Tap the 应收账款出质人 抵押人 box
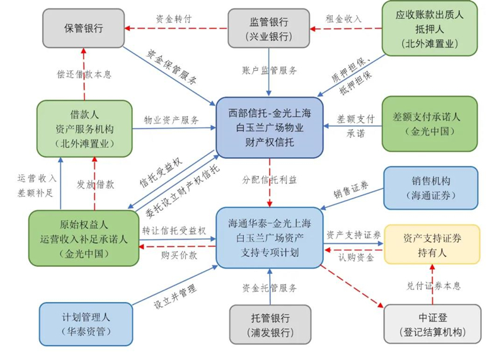(x=430, y=27)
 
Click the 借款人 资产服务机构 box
(x=84, y=129)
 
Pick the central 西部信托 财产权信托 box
(x=269, y=127)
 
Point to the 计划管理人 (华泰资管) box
(x=86, y=324)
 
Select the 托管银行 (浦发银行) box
(x=270, y=324)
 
